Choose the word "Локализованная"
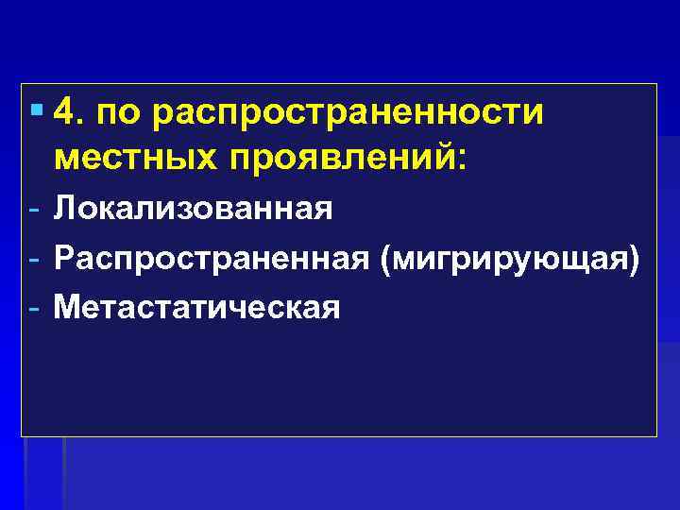coord(194,207)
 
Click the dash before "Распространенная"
coord(33,257)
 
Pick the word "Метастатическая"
coord(196,307)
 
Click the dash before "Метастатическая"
coord(33,307)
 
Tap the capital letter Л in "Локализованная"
coord(65,207)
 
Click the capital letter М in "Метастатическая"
coord(69,307)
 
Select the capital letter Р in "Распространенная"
coord(64,257)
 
